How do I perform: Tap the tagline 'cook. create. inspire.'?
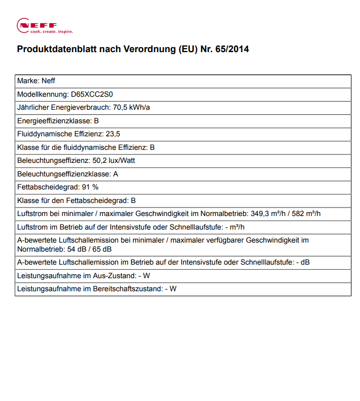52,32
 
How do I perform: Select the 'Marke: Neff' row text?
33,81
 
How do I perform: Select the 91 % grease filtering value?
90,187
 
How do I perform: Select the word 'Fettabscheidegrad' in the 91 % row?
47,187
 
